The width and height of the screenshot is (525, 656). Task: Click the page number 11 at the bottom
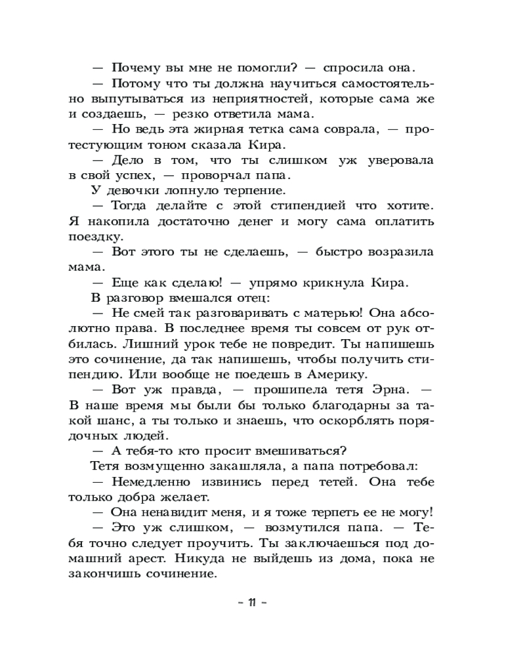point(251,603)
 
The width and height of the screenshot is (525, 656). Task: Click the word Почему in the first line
point(137,68)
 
